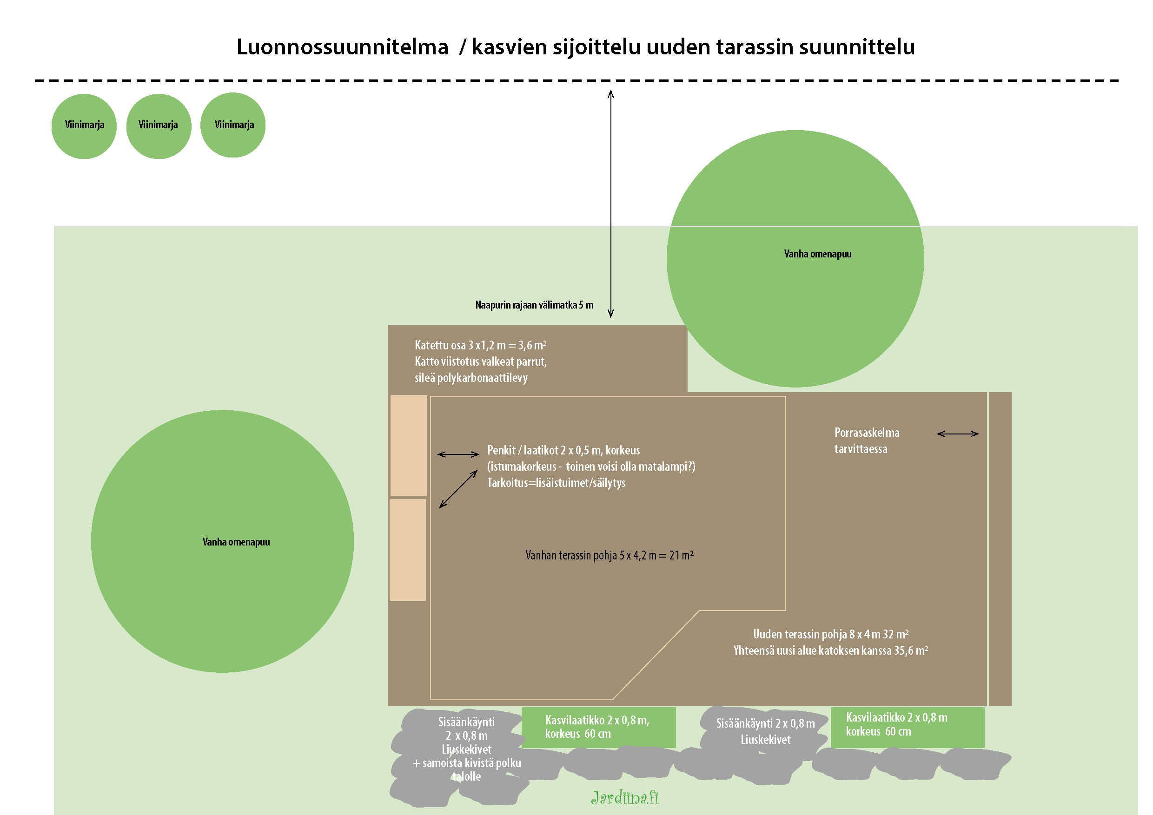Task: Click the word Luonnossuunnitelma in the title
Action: [x=342, y=47]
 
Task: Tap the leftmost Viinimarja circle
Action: [x=84, y=126]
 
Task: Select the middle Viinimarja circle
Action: [x=159, y=126]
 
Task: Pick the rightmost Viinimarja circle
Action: [x=233, y=125]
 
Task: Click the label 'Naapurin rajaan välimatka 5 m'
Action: [x=534, y=305]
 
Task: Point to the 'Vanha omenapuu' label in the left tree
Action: [x=236, y=542]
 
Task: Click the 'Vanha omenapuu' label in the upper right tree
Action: [x=817, y=254]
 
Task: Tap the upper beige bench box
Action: [x=408, y=445]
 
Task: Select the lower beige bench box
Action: [x=408, y=550]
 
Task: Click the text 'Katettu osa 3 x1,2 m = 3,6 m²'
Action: [x=480, y=345]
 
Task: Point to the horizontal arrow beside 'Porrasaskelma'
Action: [x=958, y=434]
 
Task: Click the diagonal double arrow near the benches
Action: [x=458, y=489]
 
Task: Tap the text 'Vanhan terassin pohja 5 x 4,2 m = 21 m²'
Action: [x=609, y=555]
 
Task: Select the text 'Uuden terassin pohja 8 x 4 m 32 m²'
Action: [x=831, y=634]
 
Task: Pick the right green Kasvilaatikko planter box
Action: [x=908, y=727]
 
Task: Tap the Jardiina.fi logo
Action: [x=625, y=797]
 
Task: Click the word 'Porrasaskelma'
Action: [x=867, y=433]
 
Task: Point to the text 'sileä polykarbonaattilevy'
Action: [x=471, y=378]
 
